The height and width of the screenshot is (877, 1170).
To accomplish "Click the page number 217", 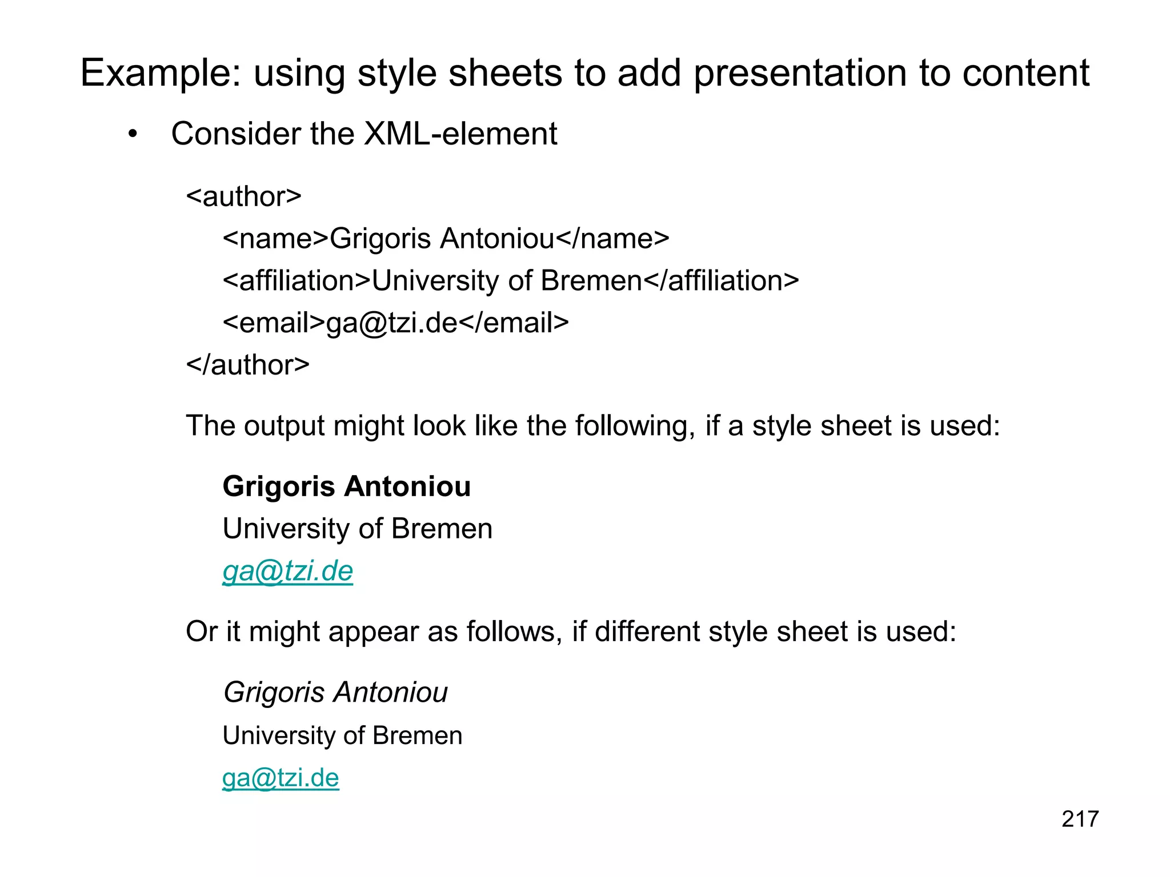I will (x=1080, y=819).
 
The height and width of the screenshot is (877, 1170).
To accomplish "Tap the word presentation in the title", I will (x=799, y=73).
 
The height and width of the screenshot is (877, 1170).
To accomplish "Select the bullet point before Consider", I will (x=133, y=135).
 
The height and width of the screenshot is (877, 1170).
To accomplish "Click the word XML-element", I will (x=460, y=134).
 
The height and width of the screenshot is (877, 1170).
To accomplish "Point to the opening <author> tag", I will (x=244, y=196).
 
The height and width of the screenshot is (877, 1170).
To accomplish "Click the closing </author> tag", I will (x=248, y=364).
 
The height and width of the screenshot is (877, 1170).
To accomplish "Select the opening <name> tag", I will (x=275, y=239).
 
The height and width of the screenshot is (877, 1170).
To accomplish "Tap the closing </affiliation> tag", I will (x=721, y=280).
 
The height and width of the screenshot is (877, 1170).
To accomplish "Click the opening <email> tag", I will (x=274, y=323).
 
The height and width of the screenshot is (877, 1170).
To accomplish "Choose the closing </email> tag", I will (x=514, y=323).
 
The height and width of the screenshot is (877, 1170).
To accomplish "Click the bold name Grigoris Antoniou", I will (x=347, y=486).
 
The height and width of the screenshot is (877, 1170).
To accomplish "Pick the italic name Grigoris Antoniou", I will (x=335, y=692).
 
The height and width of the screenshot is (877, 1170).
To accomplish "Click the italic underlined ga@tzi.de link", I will (x=288, y=571).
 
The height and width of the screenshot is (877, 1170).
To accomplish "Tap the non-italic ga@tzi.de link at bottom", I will (x=281, y=778).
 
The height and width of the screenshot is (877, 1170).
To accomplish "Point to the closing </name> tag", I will (x=612, y=239).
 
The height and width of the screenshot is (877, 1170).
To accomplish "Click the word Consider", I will (x=234, y=134).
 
